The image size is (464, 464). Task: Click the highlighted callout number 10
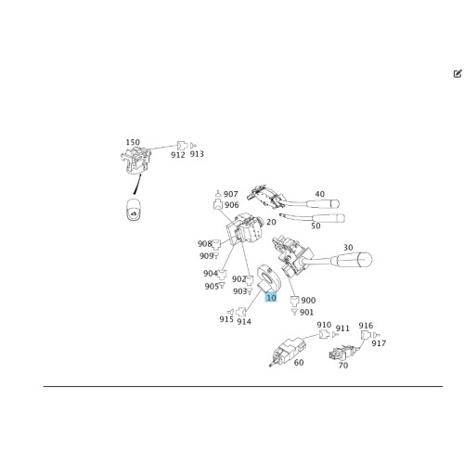(x=271, y=298)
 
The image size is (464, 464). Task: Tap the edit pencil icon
(x=458, y=73)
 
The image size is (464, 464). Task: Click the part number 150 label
(x=133, y=142)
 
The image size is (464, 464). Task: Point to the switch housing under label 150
(x=135, y=161)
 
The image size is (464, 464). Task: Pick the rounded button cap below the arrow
(x=134, y=210)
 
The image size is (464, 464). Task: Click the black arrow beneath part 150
(x=137, y=185)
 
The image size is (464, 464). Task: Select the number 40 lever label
(x=320, y=194)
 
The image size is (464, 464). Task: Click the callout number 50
(x=316, y=226)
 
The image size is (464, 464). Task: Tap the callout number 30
(x=348, y=248)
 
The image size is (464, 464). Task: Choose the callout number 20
(x=271, y=222)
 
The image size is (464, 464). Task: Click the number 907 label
(x=231, y=194)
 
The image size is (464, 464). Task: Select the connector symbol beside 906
(x=218, y=205)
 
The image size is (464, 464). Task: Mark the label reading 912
(x=178, y=155)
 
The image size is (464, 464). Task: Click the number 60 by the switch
(x=299, y=362)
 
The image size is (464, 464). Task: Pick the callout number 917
(x=379, y=343)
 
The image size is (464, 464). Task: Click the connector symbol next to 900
(x=294, y=301)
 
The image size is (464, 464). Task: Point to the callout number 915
(x=226, y=319)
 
